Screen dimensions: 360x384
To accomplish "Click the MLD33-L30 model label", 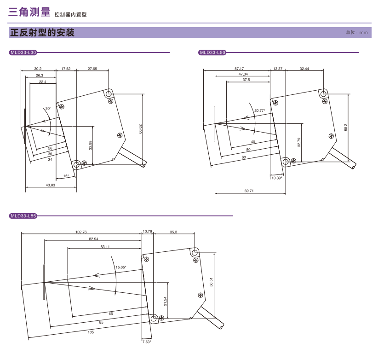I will (23, 52).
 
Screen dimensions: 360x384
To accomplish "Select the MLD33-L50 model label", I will (212, 52).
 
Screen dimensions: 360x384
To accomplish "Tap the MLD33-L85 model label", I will (23, 215).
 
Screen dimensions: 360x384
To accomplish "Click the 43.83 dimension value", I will (51, 185).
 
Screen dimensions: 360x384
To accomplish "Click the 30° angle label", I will (48, 109).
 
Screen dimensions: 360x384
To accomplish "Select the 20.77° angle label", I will (260, 110).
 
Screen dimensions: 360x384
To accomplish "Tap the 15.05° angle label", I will (121, 267).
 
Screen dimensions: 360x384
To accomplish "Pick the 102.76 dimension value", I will (81, 232).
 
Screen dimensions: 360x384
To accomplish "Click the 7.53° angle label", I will (146, 342).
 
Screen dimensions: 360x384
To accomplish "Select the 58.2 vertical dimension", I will (345, 127).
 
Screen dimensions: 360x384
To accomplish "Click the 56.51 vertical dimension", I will (211, 282).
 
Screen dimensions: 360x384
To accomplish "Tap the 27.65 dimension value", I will (92, 69).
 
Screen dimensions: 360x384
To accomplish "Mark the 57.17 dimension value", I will (239, 69).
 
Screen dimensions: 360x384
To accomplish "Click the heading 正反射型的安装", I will (42, 33).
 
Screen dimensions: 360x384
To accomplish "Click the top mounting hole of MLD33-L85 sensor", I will (195, 252).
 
